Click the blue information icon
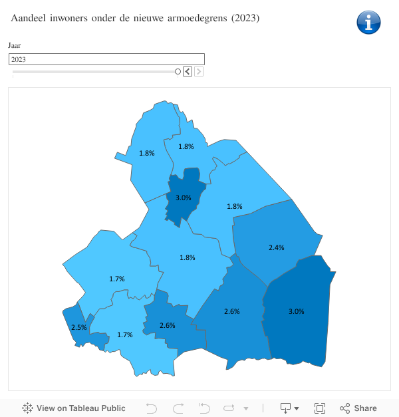click(x=368, y=22)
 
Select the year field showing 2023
click(x=106, y=59)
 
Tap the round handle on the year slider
click(x=178, y=72)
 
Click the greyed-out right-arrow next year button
click(x=199, y=72)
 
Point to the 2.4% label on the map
click(x=276, y=247)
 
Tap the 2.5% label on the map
click(x=78, y=327)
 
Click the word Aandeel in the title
click(x=31, y=18)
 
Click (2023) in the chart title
click(x=245, y=18)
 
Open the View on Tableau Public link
click(x=74, y=408)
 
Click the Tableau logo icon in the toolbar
click(x=28, y=408)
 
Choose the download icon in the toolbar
click(x=286, y=408)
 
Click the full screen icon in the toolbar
click(x=319, y=408)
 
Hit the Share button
click(x=358, y=408)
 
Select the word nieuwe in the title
click(x=140, y=18)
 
